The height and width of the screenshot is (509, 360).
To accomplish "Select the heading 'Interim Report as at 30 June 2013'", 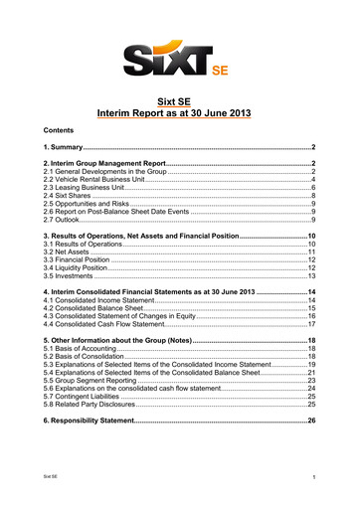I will pyautogui.click(x=180, y=114).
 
